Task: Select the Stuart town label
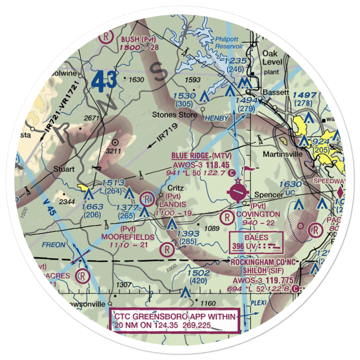pos(64,168)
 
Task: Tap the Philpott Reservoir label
pos(229,42)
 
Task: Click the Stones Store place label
pos(175,115)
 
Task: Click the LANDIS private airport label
pos(171,204)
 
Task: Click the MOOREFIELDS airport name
pos(128,237)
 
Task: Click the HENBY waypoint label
pos(216,118)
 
